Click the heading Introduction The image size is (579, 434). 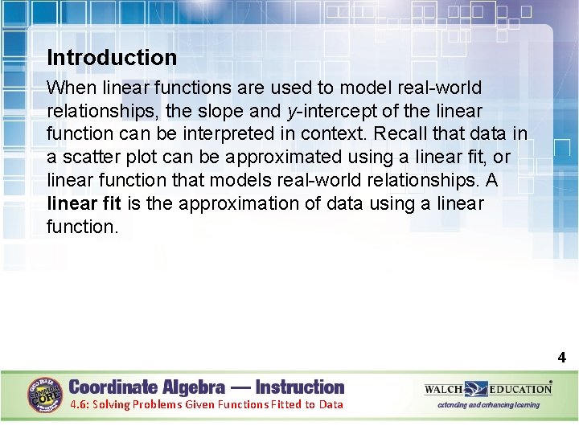pyautogui.click(x=112, y=58)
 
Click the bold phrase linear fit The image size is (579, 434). pyautogui.click(x=84, y=203)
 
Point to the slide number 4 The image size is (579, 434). pyautogui.click(x=562, y=358)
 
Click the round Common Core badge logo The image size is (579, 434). pyautogui.click(x=45, y=395)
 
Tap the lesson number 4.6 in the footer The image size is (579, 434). pyautogui.click(x=79, y=404)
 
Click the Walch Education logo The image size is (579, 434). pyautogui.click(x=488, y=389)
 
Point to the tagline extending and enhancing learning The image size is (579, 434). pyautogui.click(x=488, y=405)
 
